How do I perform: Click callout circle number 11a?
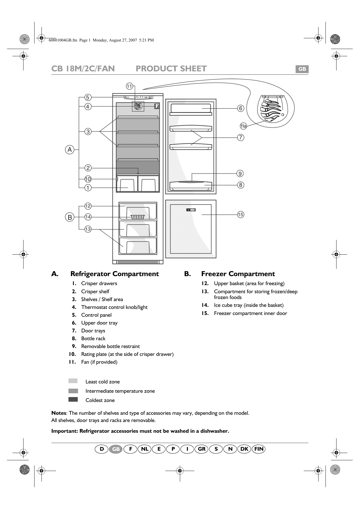tap(243, 126)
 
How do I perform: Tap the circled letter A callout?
tap(70, 150)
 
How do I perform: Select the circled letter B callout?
tap(70, 217)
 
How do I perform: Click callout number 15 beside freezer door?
tap(240, 215)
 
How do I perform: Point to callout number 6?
tap(240, 108)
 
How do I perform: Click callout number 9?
tap(240, 173)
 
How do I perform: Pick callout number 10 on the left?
tap(88, 179)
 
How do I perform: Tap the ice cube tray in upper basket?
tap(138, 217)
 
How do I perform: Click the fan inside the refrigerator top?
tap(138, 106)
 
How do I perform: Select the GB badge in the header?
tap(302, 69)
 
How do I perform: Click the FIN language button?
tap(259, 449)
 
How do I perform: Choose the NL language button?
tap(145, 449)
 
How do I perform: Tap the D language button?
tap(102, 449)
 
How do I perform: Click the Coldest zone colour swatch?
tap(73, 399)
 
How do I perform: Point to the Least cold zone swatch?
tap(73, 381)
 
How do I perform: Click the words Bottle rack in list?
tap(93, 338)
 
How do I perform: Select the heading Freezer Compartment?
tap(238, 274)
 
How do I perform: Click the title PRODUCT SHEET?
tap(171, 69)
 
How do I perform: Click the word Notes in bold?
tap(59, 413)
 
